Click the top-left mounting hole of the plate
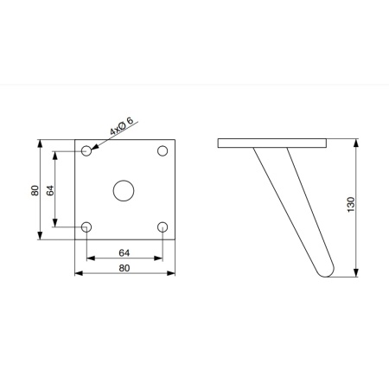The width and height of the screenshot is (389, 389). click(86, 150)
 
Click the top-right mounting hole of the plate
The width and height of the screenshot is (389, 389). click(163, 150)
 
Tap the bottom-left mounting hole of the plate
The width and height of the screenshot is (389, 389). click(86, 227)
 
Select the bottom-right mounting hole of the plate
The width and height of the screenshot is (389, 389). click(163, 227)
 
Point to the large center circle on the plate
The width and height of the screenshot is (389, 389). click(124, 190)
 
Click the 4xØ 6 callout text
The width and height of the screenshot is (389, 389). click(122, 126)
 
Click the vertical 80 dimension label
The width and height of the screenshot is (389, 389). click(35, 190)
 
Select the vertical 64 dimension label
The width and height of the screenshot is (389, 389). click(50, 190)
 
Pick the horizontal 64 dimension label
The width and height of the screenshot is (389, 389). click(124, 253)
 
